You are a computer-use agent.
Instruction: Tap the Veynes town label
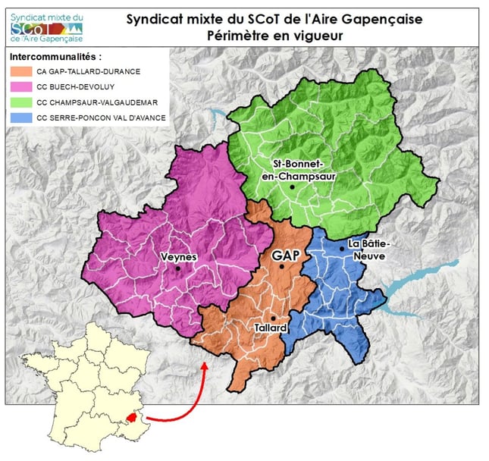(x=179, y=257)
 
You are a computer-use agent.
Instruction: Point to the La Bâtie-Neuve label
(x=366, y=250)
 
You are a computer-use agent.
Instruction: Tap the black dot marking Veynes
(x=177, y=268)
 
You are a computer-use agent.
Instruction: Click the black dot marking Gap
(x=281, y=266)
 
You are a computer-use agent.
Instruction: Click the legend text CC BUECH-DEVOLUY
(x=74, y=86)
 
